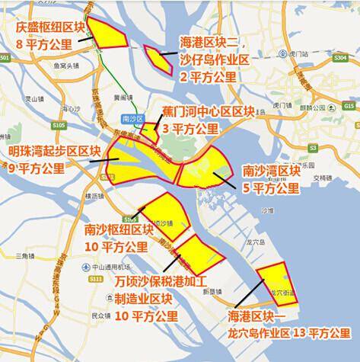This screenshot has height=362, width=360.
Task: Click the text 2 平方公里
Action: pos(209,77)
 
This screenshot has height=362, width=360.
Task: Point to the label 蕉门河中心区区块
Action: pos(207,112)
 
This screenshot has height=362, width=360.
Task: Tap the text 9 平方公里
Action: pos(37,168)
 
